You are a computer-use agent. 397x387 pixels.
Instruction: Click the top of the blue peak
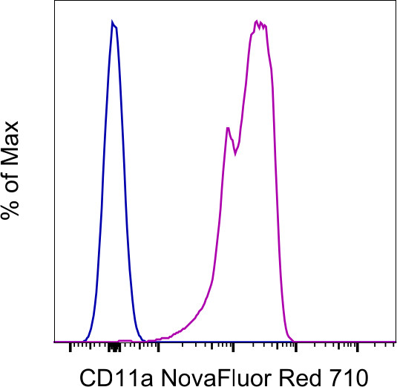112,22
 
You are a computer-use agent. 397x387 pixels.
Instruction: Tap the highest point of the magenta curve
257,21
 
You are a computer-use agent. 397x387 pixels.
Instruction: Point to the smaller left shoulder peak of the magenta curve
227,128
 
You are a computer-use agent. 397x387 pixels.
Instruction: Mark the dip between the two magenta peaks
235,154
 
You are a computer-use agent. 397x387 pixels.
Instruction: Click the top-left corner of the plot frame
54,2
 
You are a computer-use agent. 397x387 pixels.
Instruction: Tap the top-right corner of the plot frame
395,2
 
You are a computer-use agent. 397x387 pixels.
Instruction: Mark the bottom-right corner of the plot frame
395,342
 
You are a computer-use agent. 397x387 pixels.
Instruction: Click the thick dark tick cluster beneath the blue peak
113,347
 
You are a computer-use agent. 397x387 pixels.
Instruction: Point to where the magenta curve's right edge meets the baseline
294,341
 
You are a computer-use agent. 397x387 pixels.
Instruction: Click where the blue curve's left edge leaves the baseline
85,341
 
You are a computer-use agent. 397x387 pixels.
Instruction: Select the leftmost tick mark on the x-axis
70,346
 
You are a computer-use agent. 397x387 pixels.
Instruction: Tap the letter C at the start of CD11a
84,371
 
